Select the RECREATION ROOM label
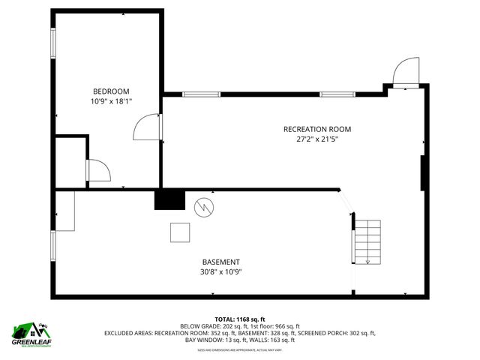316,129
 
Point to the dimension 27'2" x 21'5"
316,139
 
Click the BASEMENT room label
220,262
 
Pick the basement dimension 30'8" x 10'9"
220,272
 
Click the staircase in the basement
367,241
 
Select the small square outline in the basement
180,233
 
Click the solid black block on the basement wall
169,199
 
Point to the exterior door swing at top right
405,73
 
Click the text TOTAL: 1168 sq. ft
240,318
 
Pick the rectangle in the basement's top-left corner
64,211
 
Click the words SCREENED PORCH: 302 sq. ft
337,333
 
